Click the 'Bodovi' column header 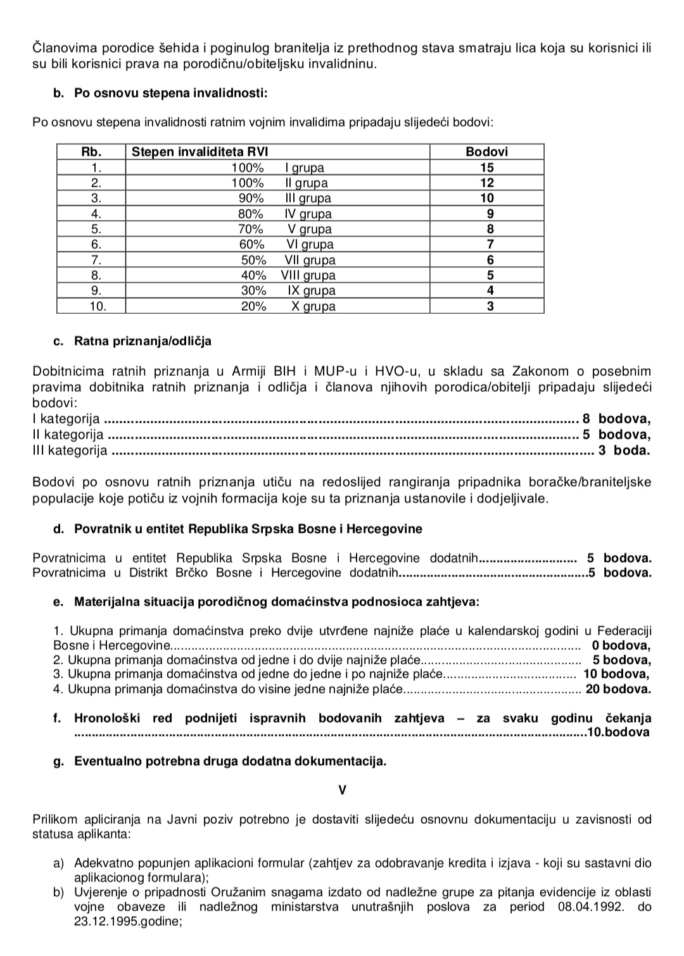pos(486,152)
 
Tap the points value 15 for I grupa pos(486,168)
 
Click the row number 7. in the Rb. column pos(96,260)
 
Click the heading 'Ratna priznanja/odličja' pos(142,342)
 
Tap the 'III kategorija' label pos(70,450)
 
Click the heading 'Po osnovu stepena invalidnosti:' pos(171,94)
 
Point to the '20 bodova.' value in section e pos(617,689)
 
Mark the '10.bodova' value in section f pos(618,733)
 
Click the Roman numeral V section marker pos(343,790)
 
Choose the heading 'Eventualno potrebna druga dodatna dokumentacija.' pos(230,761)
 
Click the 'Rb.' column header pos(92,152)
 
